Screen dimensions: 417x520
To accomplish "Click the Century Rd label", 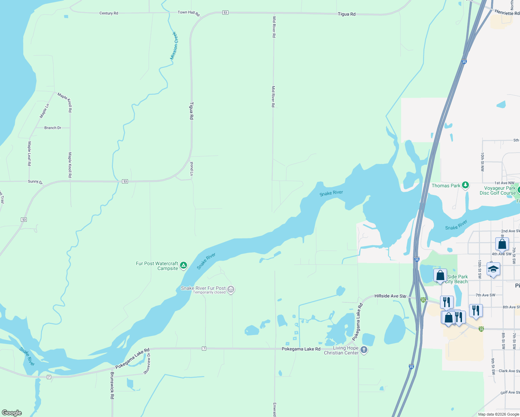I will click(108, 13).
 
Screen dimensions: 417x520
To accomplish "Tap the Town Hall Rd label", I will click(189, 13).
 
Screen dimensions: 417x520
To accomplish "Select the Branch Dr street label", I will click(52, 128).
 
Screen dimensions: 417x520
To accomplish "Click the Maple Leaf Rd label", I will click(30, 153).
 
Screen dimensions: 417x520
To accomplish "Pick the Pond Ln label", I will click(192, 168).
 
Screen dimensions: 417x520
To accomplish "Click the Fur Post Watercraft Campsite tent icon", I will click(184, 266).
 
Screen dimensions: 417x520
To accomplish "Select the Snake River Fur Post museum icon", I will click(231, 289).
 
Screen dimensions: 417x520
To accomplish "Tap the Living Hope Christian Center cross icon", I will click(364, 350).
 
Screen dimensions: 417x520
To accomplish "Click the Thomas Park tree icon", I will click(465, 185).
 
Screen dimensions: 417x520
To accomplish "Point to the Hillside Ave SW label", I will click(390, 296).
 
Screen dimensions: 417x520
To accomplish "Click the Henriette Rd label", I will click(507, 13).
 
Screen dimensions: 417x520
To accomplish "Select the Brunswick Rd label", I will click(112, 385).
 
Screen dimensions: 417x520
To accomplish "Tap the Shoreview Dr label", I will click(147, 363).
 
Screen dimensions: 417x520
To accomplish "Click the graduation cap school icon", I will click(493, 269).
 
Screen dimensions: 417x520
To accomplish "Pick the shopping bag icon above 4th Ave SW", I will click(502, 244).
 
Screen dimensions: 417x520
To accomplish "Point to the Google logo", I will click(12, 412).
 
